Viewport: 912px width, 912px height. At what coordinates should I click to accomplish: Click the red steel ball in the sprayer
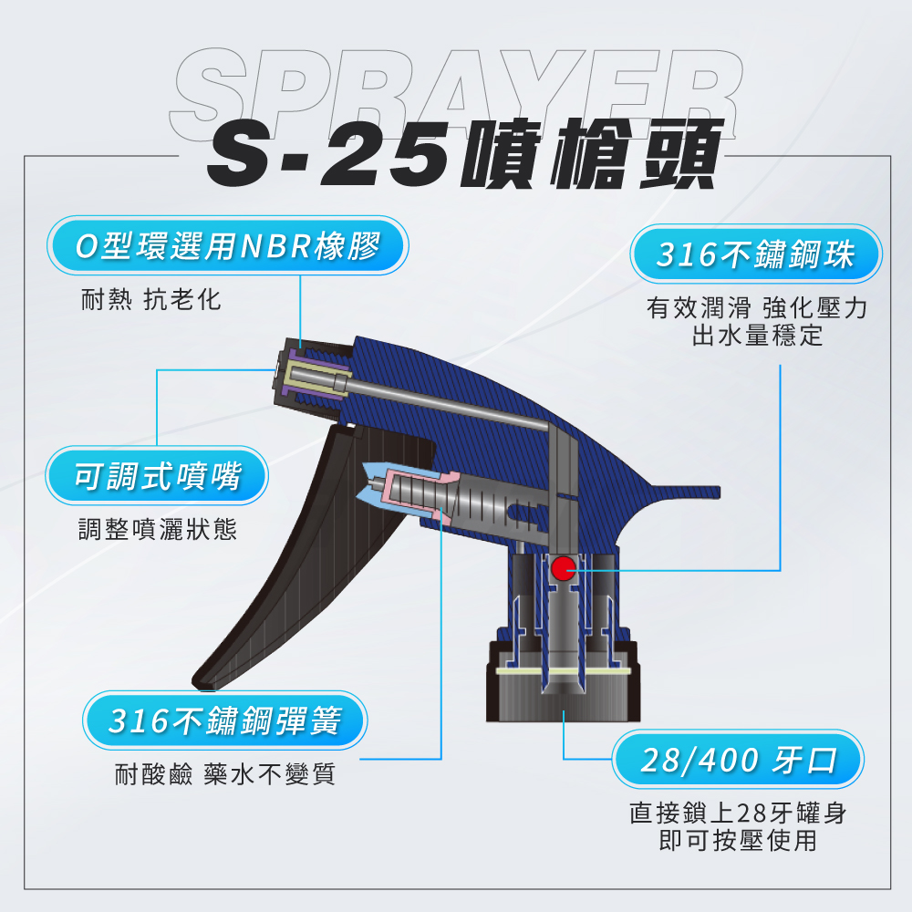tap(563, 568)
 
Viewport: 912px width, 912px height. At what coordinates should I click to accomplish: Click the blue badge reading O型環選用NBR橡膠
tap(227, 245)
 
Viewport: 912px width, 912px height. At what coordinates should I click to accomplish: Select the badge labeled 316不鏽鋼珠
tap(755, 254)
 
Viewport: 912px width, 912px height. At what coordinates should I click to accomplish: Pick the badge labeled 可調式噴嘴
tap(157, 476)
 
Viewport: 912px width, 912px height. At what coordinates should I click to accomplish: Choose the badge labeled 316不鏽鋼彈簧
tap(224, 720)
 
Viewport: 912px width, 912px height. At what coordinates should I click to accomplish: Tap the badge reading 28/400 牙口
tap(738, 759)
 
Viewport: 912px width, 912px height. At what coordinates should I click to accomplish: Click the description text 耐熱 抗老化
tap(151, 300)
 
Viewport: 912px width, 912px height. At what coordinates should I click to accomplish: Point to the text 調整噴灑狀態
tap(158, 529)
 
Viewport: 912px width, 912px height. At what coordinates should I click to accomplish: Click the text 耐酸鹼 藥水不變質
tap(225, 774)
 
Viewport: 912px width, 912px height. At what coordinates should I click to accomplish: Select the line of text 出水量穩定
tap(757, 336)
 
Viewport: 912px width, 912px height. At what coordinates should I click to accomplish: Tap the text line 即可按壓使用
tap(738, 840)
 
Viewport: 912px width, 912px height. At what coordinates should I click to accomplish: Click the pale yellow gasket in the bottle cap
tap(563, 671)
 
